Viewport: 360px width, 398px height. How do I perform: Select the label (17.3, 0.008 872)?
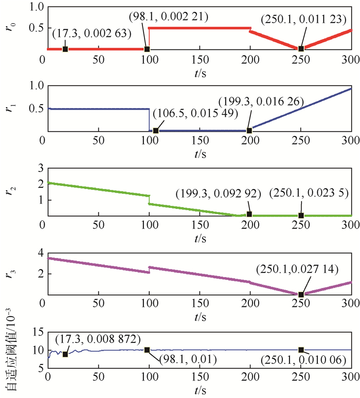coord(97,339)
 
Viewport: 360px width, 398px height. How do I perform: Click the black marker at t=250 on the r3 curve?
coord(301,295)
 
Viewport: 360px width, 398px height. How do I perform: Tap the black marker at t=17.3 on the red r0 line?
coord(65,49)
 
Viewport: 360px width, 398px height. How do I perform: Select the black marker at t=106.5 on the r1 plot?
coord(156,131)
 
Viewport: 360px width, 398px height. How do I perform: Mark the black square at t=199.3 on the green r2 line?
coord(249,214)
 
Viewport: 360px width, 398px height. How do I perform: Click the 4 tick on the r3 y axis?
coord(37,252)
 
